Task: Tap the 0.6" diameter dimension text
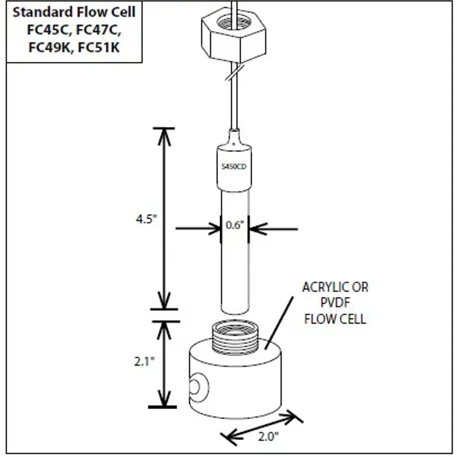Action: click(x=235, y=225)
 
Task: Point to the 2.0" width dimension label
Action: click(x=268, y=436)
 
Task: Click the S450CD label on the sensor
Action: click(x=234, y=167)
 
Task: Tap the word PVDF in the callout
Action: click(x=335, y=303)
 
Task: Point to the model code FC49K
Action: click(x=49, y=48)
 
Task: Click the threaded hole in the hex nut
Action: click(x=233, y=21)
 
